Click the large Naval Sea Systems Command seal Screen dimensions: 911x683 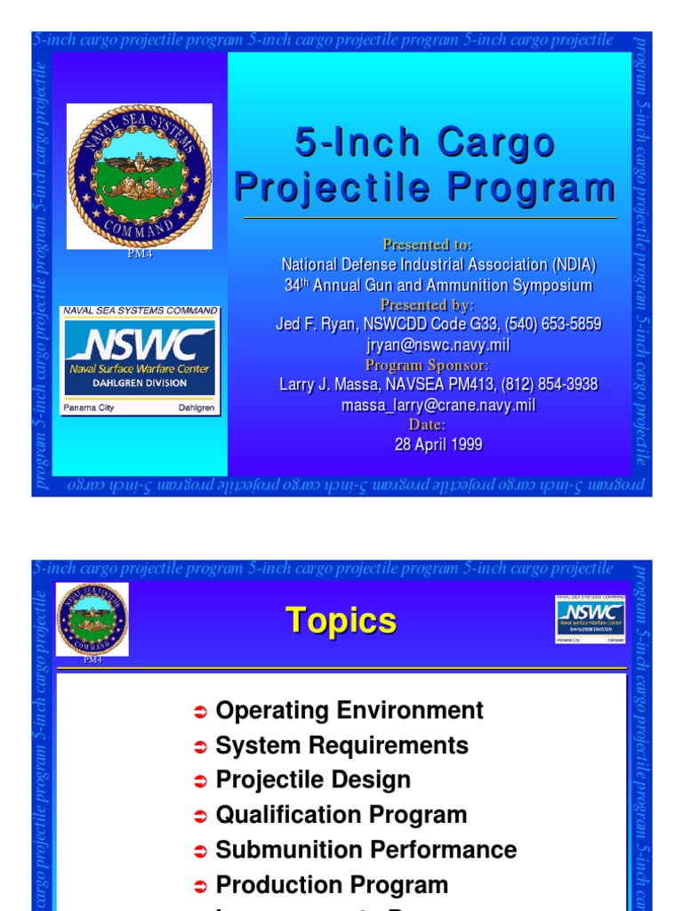pos(140,175)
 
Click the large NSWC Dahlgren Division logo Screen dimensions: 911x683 pos(139,360)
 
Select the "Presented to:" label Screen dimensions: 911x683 pos(428,245)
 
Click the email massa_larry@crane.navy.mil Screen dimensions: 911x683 pos(438,405)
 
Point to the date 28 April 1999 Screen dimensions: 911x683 pos(438,445)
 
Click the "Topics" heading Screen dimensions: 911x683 pos(341,621)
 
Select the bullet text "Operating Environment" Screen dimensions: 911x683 pos(350,710)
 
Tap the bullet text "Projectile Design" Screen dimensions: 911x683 pos(313,779)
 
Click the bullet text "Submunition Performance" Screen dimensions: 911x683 pos(366,850)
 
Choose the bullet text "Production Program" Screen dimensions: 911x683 pos(332,884)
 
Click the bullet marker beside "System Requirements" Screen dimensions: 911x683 pos(200,746)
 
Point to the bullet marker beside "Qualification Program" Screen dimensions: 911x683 pos(200,816)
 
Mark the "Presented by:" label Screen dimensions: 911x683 pos(428,305)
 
